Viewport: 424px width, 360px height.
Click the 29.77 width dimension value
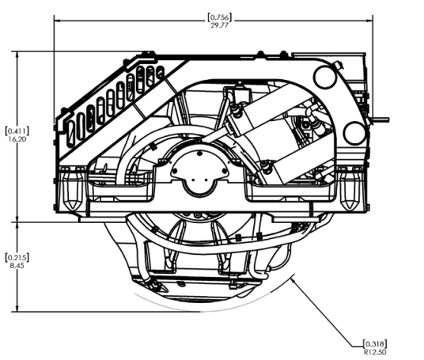220,25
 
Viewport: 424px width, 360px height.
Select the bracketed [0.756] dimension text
220,17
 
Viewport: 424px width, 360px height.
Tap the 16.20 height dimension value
17,139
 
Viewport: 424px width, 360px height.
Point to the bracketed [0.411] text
17,131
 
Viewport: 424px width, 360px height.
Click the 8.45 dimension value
17,266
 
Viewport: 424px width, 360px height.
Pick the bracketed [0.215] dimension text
17,257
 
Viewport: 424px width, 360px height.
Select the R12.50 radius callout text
375,352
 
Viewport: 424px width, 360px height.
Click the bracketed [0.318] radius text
375,344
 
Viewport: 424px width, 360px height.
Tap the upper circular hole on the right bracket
325,77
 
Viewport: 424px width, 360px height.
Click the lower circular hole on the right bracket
355,133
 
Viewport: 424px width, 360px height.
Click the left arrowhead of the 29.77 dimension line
57,21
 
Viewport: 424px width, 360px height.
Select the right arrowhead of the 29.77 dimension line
369,21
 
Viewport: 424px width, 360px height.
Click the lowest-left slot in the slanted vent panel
70,134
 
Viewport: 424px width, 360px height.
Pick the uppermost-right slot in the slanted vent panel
161,72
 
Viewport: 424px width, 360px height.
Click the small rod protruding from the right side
380,119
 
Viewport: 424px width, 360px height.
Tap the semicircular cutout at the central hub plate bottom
199,188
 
